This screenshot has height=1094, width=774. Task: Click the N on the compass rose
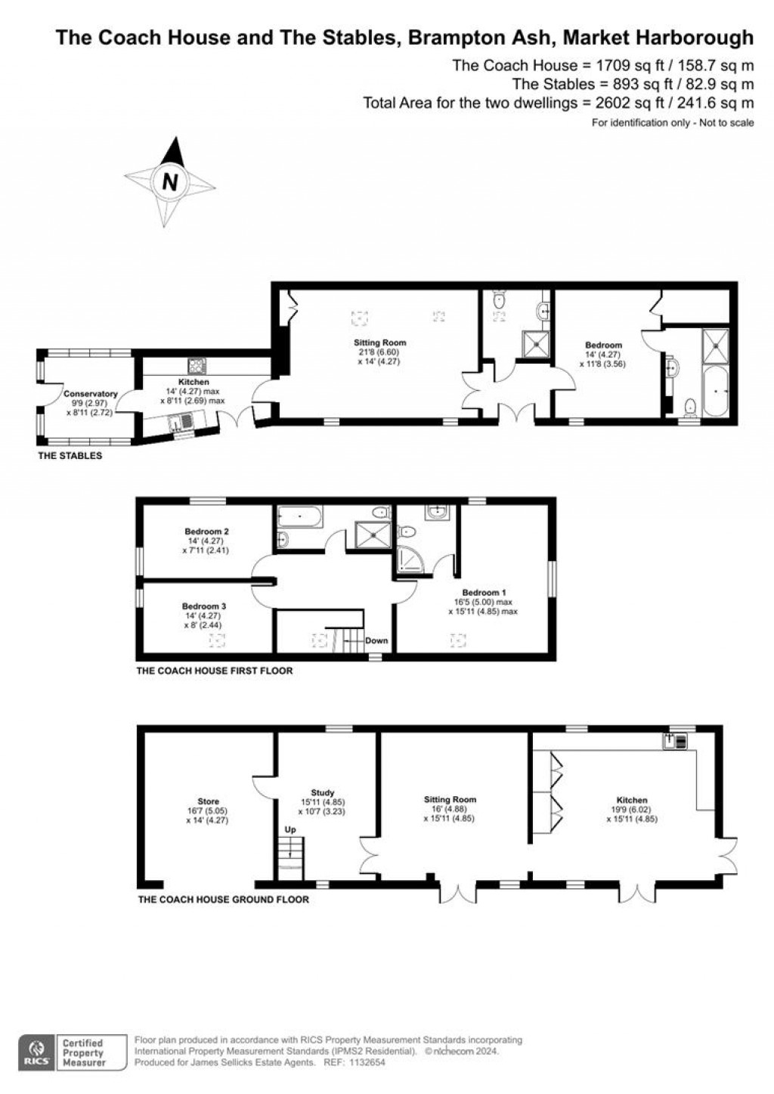click(170, 182)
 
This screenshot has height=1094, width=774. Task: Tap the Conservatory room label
click(91, 394)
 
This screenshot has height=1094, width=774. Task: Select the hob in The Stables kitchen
click(198, 366)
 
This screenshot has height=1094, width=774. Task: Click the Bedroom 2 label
click(206, 532)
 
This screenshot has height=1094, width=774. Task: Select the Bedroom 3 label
click(203, 606)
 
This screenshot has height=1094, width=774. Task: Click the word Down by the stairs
click(376, 640)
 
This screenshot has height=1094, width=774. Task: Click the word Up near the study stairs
click(290, 829)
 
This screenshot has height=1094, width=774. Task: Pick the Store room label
click(208, 801)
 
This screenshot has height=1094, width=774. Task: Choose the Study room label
click(322, 793)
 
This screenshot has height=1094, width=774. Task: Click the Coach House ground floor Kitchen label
click(631, 800)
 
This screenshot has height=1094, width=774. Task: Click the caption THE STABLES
click(70, 456)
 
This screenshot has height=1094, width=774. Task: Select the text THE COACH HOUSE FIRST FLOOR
click(214, 671)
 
